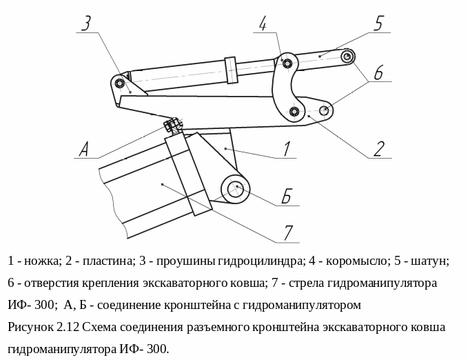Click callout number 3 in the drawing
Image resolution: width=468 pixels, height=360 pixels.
86,24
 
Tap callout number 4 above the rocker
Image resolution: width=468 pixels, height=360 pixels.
263,24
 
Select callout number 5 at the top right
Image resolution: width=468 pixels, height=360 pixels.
378,23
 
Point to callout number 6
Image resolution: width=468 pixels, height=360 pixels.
380,72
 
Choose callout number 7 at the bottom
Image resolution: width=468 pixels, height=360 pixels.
289,232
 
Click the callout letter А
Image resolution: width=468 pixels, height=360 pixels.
84,148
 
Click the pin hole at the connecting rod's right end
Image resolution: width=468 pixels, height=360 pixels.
347,56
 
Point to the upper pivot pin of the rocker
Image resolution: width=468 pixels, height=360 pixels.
287,64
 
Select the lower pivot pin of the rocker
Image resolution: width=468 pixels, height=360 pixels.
294,111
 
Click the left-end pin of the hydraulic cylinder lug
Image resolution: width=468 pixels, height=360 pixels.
121,85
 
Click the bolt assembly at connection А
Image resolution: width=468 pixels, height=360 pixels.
172,126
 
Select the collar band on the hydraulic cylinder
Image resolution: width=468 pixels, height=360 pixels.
231,70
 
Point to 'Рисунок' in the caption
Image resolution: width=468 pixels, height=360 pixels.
30,327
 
